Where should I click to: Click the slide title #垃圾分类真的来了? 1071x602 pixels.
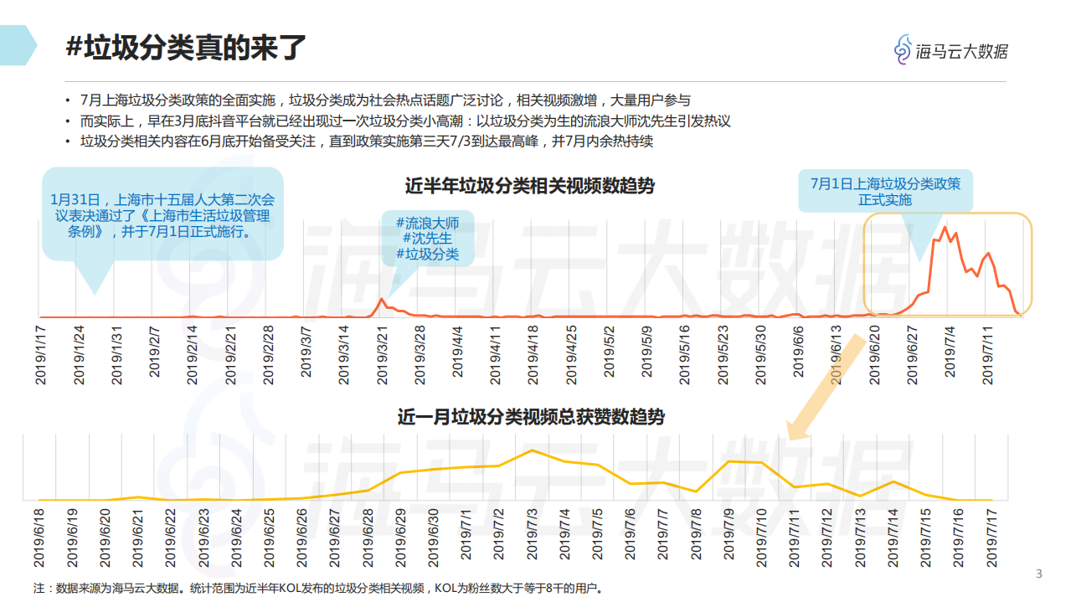pos(186,48)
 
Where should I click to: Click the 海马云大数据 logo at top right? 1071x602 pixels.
pos(950,50)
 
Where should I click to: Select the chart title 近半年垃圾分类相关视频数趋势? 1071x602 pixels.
pos(529,186)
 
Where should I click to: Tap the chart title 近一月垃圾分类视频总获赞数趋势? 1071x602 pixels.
pos(531,416)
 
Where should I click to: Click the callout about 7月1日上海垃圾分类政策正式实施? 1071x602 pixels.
pos(885,192)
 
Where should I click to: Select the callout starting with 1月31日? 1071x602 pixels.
pos(162,215)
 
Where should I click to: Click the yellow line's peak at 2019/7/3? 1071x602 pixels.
pos(532,450)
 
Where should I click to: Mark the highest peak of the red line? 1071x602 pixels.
pos(945,228)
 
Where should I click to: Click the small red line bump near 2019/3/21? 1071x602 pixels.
pos(382,299)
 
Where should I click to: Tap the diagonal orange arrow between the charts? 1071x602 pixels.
pos(826,386)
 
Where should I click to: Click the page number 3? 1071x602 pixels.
pos(1039,574)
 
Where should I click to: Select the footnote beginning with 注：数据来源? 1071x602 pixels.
pos(318,588)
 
